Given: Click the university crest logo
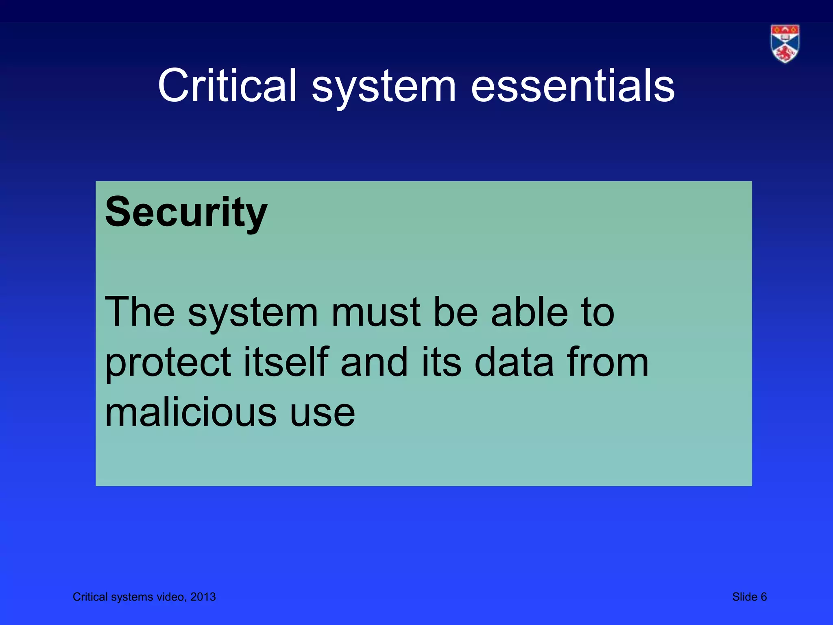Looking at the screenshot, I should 785,44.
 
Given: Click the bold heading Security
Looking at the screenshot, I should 186,212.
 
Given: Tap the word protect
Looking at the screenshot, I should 168,363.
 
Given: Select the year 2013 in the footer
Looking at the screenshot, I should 203,597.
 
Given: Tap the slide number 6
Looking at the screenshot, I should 763,597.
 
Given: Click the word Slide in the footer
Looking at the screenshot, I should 744,597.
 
